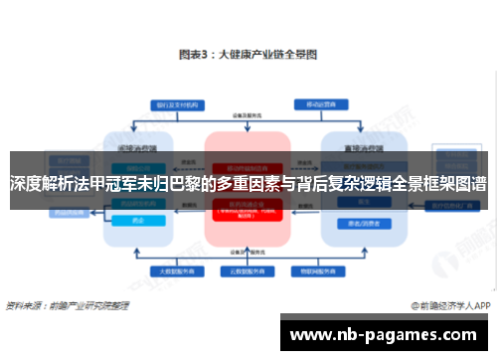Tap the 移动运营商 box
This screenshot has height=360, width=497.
tap(319, 103)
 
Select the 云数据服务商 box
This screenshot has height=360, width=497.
tap(247, 270)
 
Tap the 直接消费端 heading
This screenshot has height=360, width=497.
tap(353, 146)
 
